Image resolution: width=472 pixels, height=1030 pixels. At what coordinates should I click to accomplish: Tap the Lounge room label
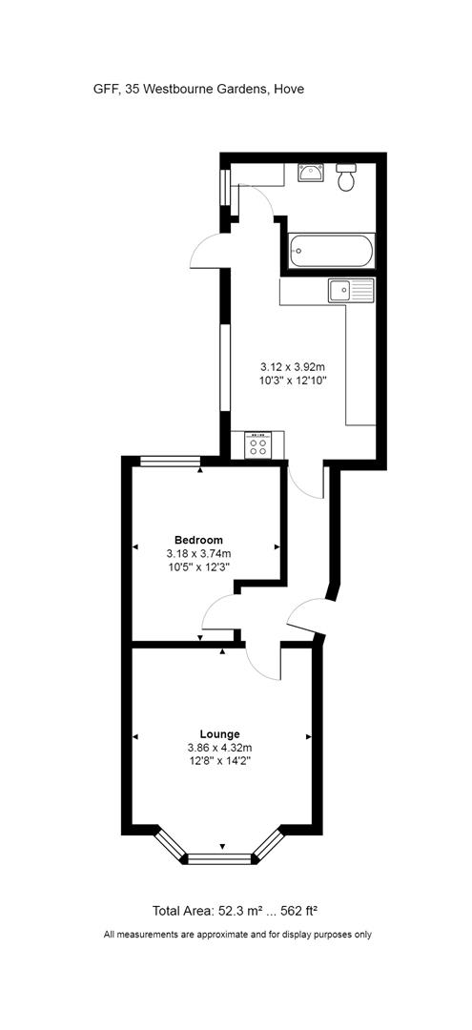(x=220, y=733)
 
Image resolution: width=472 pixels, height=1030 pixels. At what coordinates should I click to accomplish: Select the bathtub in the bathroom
(x=332, y=252)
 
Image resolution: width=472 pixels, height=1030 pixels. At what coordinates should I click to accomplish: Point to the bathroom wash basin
(x=311, y=173)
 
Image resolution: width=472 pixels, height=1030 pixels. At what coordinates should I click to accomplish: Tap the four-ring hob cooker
(x=257, y=443)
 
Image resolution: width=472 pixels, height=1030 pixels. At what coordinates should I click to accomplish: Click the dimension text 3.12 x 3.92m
(x=294, y=366)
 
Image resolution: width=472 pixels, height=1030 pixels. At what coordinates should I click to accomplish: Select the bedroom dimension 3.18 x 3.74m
(x=198, y=553)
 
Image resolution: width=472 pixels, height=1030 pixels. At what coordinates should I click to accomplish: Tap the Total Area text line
(x=241, y=910)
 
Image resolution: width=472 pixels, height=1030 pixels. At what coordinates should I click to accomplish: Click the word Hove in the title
(x=289, y=89)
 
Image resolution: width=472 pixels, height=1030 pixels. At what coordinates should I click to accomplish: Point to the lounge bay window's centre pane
(x=222, y=859)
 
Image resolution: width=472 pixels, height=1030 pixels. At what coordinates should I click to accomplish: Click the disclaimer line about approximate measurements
(x=237, y=935)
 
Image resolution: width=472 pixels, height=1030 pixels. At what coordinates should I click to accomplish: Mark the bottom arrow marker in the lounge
(x=222, y=847)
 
